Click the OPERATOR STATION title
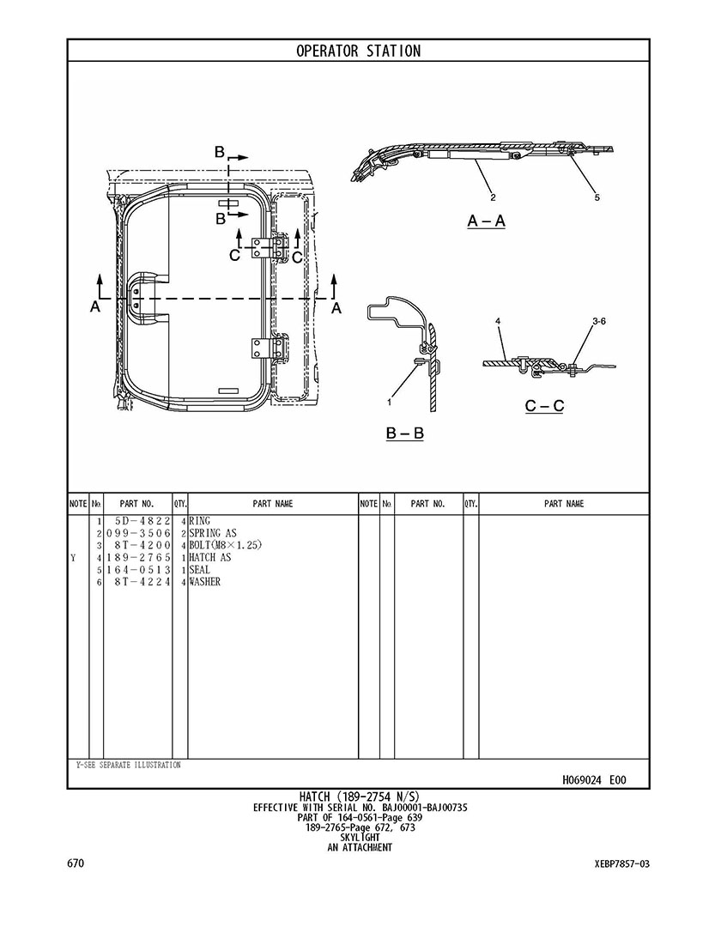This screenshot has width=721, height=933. (x=358, y=51)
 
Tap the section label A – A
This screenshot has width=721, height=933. (x=486, y=221)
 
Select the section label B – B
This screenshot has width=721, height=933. (x=404, y=433)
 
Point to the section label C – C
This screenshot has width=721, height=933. (x=544, y=405)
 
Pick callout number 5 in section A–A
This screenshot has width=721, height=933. (x=597, y=197)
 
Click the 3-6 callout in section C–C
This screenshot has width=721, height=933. (x=598, y=321)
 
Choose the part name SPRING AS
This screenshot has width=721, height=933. (x=212, y=533)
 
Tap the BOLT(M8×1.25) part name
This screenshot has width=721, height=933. (x=225, y=545)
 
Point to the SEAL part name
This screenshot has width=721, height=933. (x=199, y=570)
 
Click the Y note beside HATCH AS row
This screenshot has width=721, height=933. (x=73, y=557)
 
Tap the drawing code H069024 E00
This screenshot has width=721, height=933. (x=594, y=780)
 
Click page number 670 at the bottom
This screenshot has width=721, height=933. (x=75, y=863)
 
